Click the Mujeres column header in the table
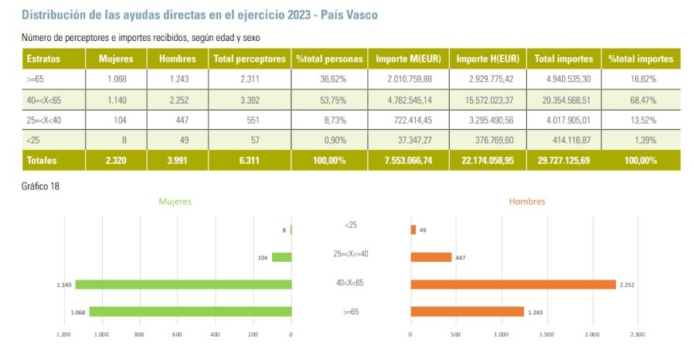click(x=117, y=59)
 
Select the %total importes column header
click(x=640, y=59)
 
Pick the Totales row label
click(x=44, y=160)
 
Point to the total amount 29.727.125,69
click(x=562, y=160)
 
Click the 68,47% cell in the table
click(x=640, y=100)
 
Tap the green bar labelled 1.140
click(x=182, y=284)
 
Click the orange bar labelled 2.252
click(x=512, y=284)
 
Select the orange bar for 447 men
click(x=430, y=257)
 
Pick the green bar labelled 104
click(x=281, y=257)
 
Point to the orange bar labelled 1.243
click(x=467, y=311)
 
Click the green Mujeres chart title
click(x=175, y=202)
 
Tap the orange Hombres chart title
click(x=527, y=202)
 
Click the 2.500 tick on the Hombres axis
click(x=637, y=335)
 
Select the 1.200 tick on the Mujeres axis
click(x=64, y=335)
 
